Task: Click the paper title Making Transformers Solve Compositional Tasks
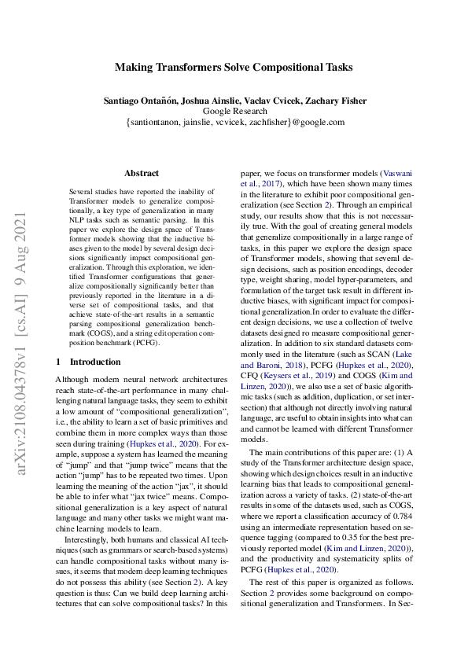tap(234, 68)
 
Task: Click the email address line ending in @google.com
tap(234, 123)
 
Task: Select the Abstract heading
tap(142, 173)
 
